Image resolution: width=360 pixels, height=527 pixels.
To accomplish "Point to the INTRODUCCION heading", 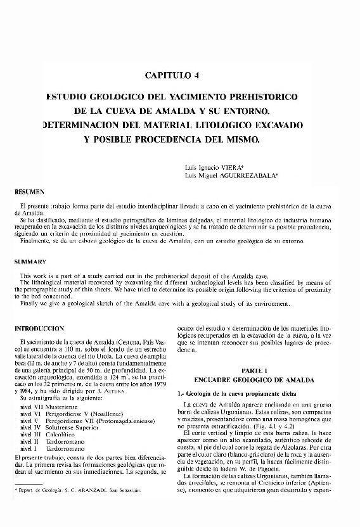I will coord(39,329).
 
